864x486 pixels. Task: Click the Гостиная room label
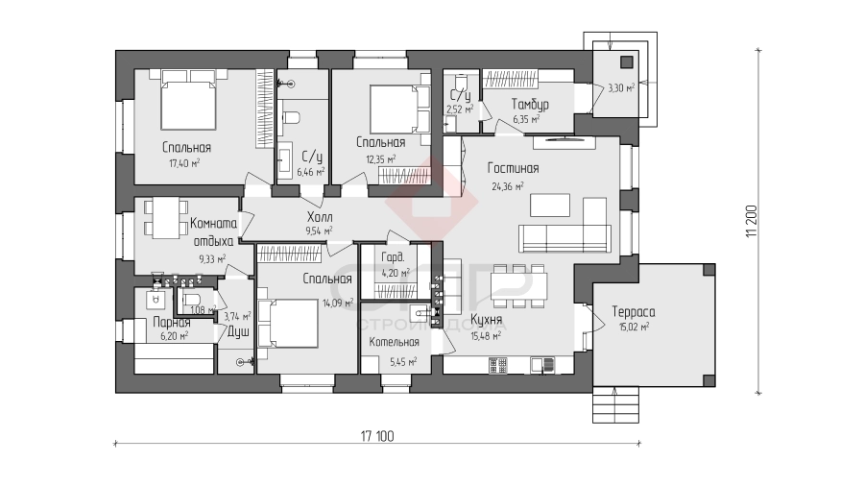[x=513, y=168]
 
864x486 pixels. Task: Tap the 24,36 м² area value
[x=508, y=186]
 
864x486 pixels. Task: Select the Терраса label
[x=634, y=312]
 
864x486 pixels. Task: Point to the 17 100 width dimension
[x=377, y=436]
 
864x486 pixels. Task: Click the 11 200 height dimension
[x=752, y=221]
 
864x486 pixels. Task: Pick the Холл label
[x=320, y=216]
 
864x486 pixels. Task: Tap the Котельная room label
[x=394, y=342]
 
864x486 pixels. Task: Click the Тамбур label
[x=530, y=104]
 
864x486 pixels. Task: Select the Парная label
[x=172, y=323]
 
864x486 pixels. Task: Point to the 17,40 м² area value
[x=184, y=163]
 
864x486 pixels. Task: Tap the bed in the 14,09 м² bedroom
[x=288, y=324]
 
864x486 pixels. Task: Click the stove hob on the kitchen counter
[x=497, y=365]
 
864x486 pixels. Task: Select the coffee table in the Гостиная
[x=550, y=205]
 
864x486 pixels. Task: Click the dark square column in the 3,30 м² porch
[x=627, y=61]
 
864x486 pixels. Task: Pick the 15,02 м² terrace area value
[x=634, y=327]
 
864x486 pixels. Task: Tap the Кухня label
[x=486, y=320]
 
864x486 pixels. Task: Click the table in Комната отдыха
[x=166, y=219]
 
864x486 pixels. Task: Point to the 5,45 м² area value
[x=403, y=362]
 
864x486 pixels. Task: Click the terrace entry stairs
[x=616, y=405]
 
